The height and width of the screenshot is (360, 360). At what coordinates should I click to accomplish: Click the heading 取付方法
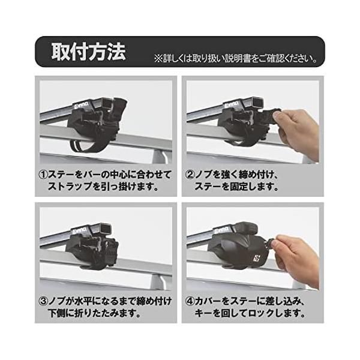click(x=88, y=52)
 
